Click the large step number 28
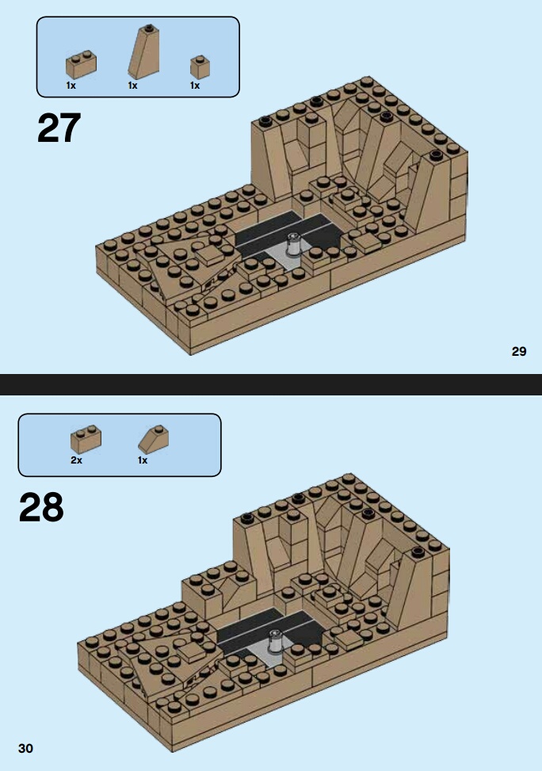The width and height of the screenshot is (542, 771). pyautogui.click(x=41, y=507)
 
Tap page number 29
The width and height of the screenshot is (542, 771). pyautogui.click(x=519, y=351)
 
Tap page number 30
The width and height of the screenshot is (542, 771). pyautogui.click(x=25, y=748)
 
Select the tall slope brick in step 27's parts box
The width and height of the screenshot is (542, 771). pyautogui.click(x=143, y=52)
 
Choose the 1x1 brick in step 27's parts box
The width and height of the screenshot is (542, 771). pyautogui.click(x=200, y=67)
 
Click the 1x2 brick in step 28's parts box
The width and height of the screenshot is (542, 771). pyautogui.click(x=86, y=439)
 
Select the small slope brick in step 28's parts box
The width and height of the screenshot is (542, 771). pyautogui.click(x=153, y=439)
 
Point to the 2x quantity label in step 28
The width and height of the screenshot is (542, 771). pyautogui.click(x=76, y=460)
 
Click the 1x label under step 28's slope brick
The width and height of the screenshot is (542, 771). pyautogui.click(x=143, y=460)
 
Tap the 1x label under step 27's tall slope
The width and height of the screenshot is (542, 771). pyautogui.click(x=133, y=86)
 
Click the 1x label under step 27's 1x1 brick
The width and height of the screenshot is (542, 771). pyautogui.click(x=195, y=86)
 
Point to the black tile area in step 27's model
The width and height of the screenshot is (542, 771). pyautogui.click(x=285, y=231)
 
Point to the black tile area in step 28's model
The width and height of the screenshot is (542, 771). pyautogui.click(x=268, y=628)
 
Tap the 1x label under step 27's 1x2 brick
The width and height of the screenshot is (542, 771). pyautogui.click(x=71, y=86)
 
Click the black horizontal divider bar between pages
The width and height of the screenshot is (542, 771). pyautogui.click(x=271, y=384)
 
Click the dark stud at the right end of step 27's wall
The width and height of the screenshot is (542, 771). pyautogui.click(x=436, y=155)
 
